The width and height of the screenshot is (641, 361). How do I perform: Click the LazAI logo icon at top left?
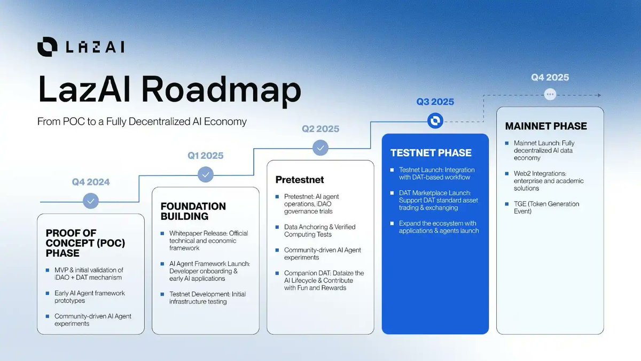[47, 47]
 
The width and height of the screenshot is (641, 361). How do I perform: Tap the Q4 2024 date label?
[91, 182]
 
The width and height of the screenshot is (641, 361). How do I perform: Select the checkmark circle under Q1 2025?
[205, 174]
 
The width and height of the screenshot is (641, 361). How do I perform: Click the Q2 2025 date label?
[320, 129]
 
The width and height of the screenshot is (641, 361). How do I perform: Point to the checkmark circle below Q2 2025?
[320, 147]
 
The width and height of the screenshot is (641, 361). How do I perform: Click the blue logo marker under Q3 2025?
[435, 121]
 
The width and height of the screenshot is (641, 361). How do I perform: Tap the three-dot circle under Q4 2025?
[550, 95]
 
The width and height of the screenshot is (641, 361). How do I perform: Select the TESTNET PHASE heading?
[431, 153]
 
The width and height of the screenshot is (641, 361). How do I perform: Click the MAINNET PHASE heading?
[546, 127]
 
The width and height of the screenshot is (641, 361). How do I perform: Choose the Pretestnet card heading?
[300, 180]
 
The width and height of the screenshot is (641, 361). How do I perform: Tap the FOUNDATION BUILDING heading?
[193, 211]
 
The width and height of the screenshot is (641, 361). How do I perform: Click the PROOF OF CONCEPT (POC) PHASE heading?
[85, 243]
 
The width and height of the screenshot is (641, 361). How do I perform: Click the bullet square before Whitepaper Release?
[163, 234]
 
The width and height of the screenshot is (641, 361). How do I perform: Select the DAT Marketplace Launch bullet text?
[439, 200]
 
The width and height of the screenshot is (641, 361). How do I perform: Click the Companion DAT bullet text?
[324, 280]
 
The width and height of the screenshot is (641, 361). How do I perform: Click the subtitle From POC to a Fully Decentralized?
[142, 121]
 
